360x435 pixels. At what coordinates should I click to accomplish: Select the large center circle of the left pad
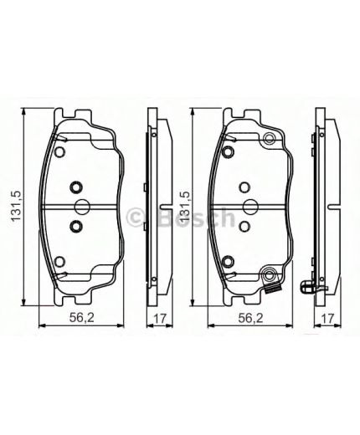(82, 207)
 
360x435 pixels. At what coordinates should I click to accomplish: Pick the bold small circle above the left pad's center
(74, 187)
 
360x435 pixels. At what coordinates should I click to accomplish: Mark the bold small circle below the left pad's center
(74, 227)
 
